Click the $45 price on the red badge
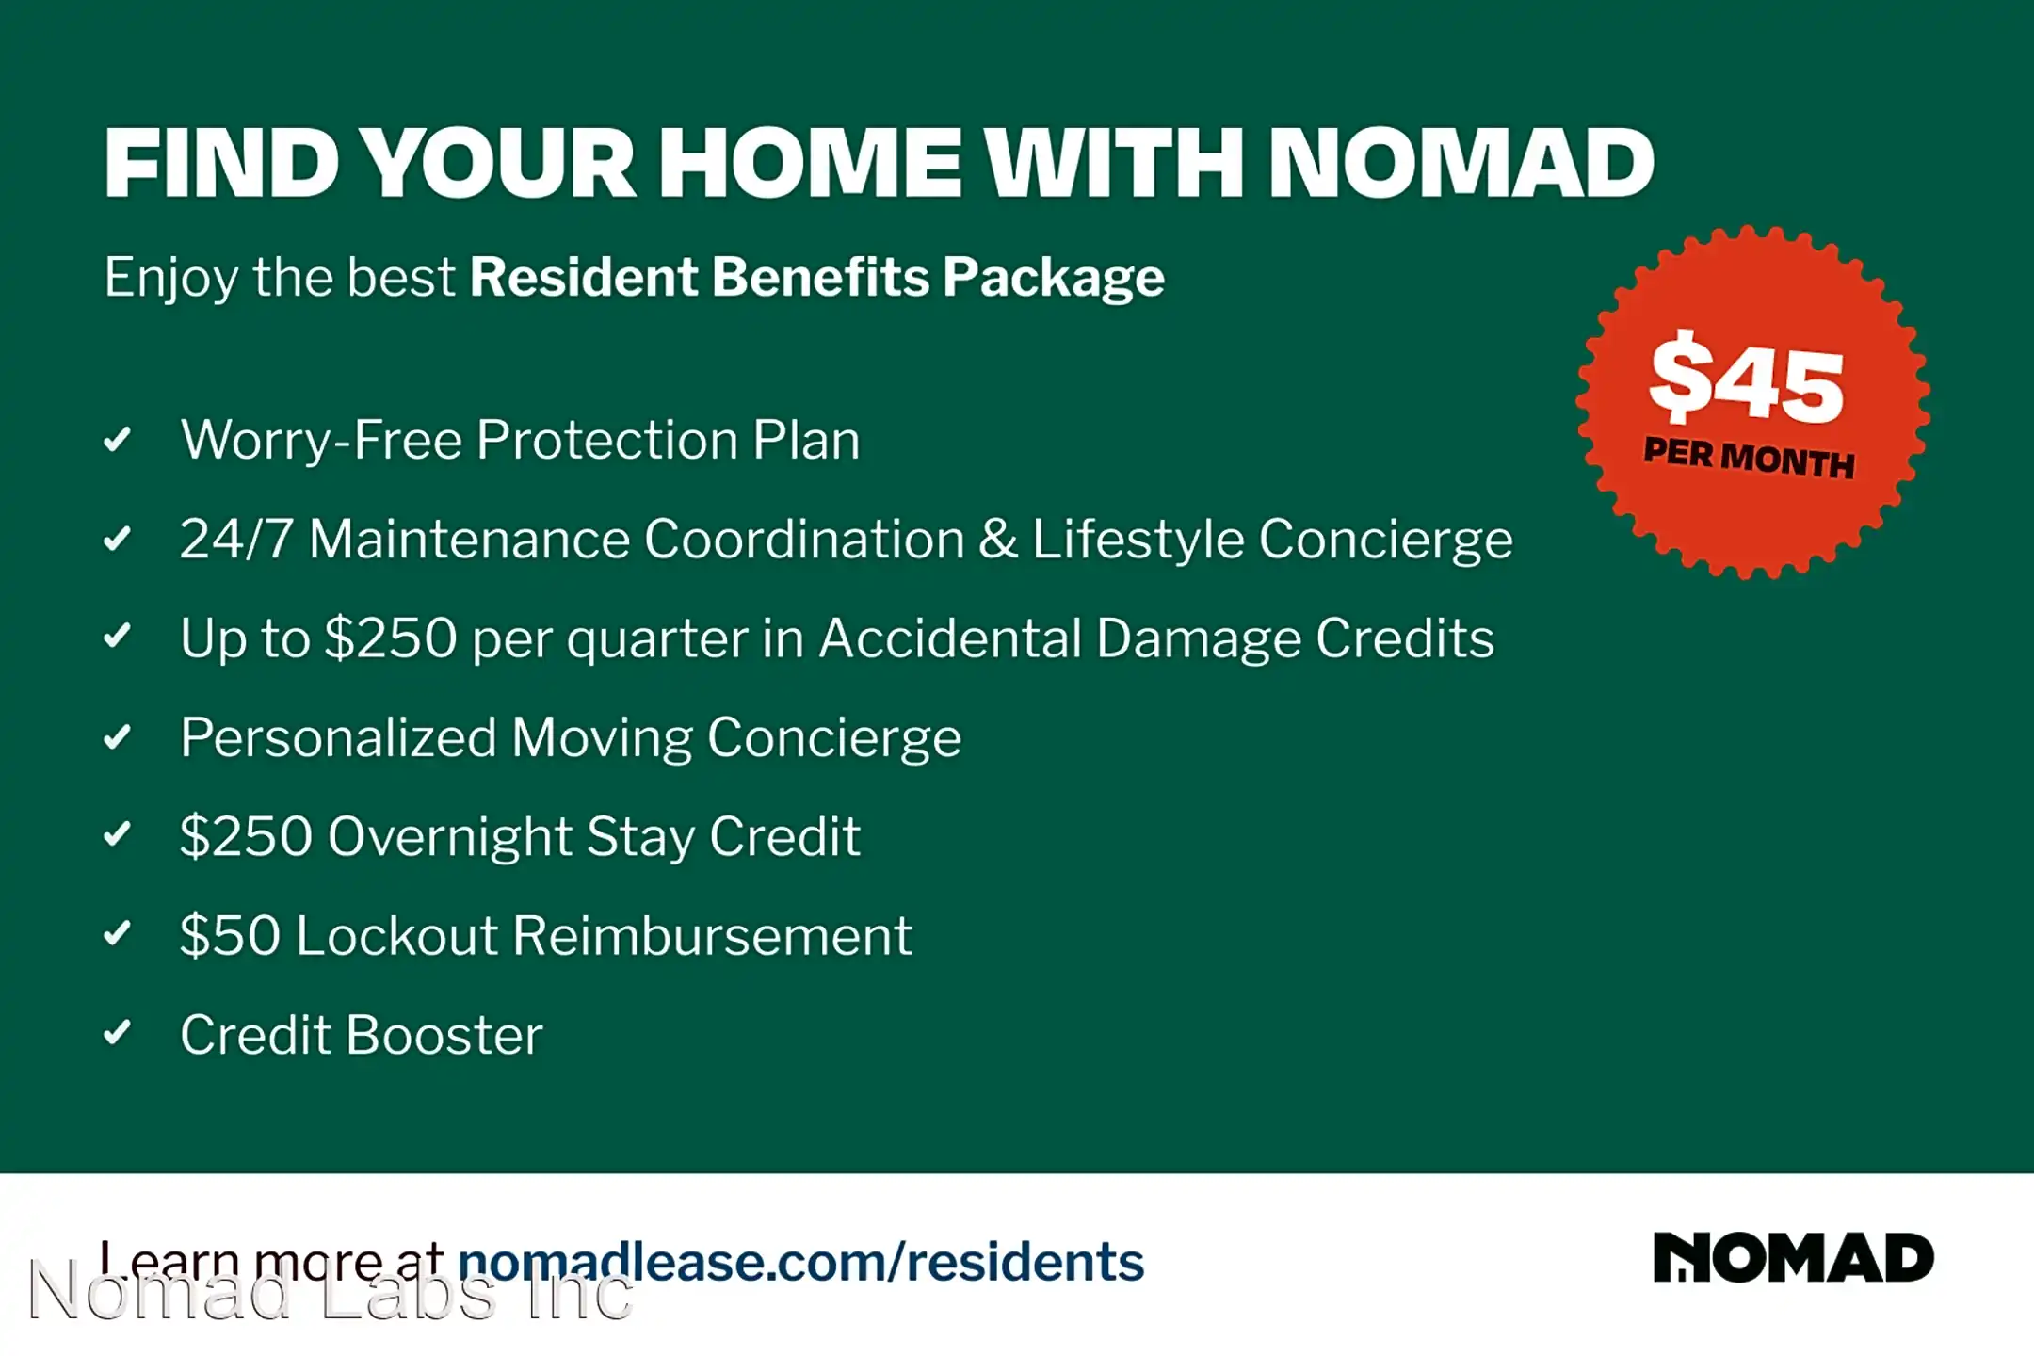click(x=1747, y=380)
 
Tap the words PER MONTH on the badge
click(x=1750, y=459)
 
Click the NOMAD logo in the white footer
click(x=1794, y=1258)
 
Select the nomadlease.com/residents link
click(x=800, y=1262)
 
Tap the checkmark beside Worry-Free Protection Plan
click(x=117, y=439)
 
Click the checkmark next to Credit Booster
click(x=117, y=1033)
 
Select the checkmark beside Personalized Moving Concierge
click(x=117, y=736)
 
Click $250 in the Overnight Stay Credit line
click(x=246, y=836)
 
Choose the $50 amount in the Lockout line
click(x=231, y=935)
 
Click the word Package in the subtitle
click(x=1054, y=279)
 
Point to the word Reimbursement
click(x=712, y=935)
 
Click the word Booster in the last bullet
click(x=444, y=1035)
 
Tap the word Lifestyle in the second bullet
click(x=1138, y=541)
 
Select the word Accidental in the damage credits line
click(x=950, y=638)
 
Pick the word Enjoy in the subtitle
click(x=171, y=279)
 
